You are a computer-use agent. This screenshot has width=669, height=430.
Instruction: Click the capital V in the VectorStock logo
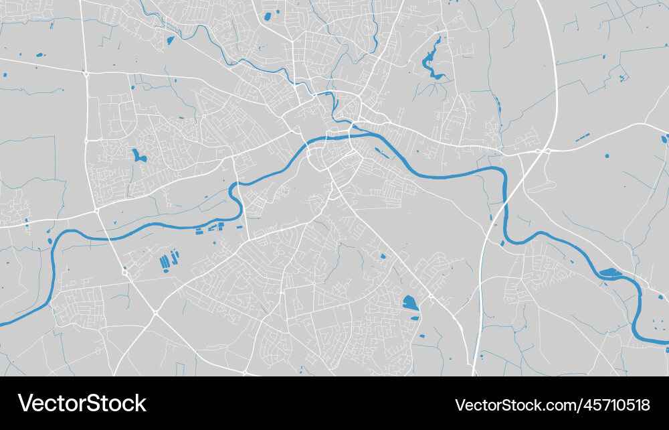click(25, 403)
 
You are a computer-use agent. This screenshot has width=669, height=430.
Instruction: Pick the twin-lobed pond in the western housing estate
click(138, 157)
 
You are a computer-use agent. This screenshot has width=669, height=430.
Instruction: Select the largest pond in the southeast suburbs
click(409, 303)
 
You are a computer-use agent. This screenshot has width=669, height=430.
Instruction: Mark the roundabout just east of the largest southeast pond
click(432, 295)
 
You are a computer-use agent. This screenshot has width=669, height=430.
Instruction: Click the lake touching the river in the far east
click(610, 273)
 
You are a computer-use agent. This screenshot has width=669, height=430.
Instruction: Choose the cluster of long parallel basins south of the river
click(169, 259)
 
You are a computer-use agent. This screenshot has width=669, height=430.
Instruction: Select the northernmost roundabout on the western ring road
click(86, 74)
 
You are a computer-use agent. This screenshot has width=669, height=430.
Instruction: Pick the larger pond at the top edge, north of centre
click(268, 15)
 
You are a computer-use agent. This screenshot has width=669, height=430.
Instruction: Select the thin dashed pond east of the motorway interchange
click(583, 137)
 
